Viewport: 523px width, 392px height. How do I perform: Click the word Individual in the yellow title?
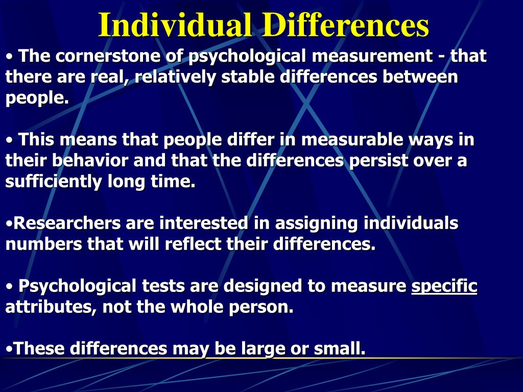click(175, 24)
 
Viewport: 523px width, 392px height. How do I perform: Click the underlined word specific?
click(444, 287)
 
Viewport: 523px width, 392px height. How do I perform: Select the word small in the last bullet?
click(343, 349)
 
